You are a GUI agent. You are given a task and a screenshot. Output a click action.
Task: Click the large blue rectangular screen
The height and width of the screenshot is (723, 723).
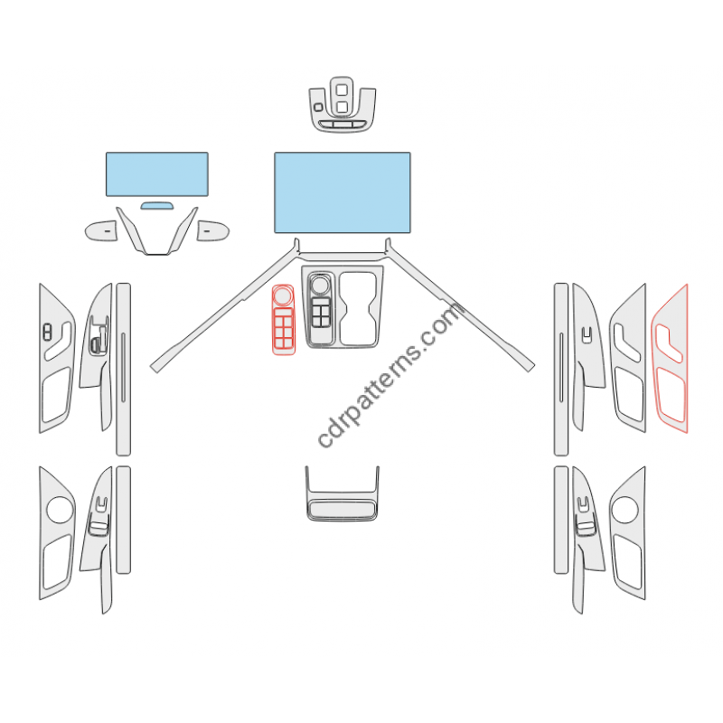342,192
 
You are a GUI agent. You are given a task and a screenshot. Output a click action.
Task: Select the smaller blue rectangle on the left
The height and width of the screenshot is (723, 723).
156,174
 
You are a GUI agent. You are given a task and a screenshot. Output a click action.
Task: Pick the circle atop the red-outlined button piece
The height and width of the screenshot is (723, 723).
282,295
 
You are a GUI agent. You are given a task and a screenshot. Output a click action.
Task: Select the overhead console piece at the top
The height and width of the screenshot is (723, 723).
342,108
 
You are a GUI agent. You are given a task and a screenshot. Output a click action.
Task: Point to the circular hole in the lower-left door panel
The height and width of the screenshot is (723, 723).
60,509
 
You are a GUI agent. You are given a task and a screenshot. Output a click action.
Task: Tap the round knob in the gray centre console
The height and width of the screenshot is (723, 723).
320,285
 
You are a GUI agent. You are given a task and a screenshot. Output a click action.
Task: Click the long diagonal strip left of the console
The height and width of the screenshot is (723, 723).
226,307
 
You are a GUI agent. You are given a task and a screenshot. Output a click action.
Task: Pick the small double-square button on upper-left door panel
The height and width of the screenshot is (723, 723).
46,331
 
